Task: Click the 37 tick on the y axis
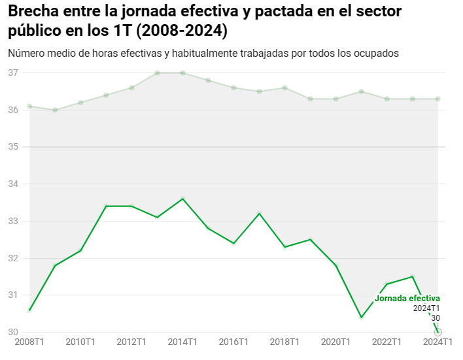[12, 73]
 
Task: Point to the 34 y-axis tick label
[12, 184]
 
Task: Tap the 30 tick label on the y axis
[12, 333]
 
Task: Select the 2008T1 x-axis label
[29, 342]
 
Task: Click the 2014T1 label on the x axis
[182, 342]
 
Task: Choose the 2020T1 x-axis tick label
[335, 342]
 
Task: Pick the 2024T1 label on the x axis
[437, 342]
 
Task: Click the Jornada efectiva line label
[407, 299]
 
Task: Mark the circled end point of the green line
[438, 332]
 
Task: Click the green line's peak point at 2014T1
[182, 199]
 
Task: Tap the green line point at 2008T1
[29, 310]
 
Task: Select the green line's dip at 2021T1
[361, 318]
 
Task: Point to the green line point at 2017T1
[259, 214]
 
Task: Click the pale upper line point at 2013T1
[157, 73]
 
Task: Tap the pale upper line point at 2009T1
[55, 110]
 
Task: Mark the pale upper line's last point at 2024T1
[437, 99]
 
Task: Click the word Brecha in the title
[32, 11]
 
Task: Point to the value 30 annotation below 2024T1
[436, 318]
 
